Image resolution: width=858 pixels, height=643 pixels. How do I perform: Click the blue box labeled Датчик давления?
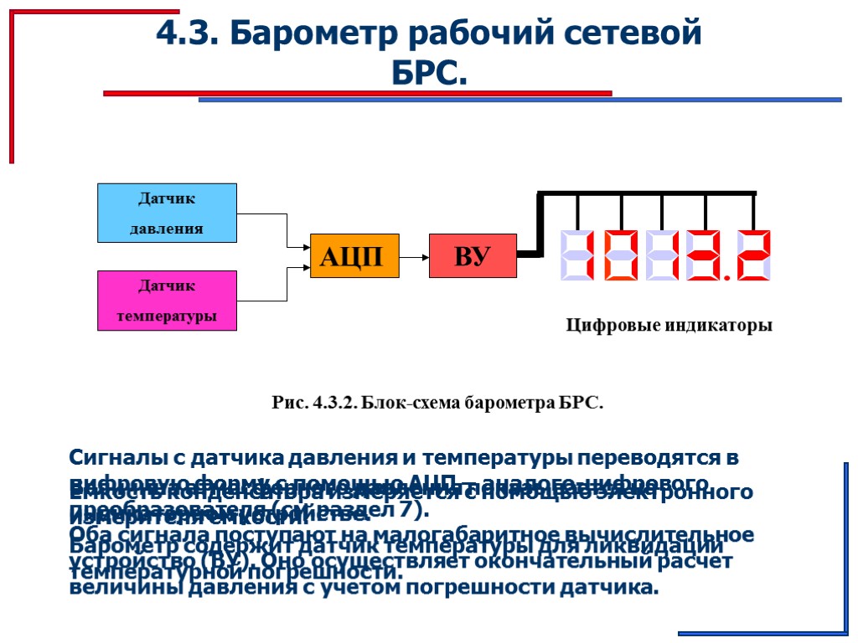tap(168, 213)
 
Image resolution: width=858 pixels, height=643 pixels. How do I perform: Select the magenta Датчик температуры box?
tap(168, 301)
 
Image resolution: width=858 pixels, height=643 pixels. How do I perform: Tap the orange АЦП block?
tap(354, 256)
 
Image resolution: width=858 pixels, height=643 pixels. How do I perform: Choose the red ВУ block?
tap(473, 256)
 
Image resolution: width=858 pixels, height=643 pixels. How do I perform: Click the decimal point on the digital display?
tap(726, 276)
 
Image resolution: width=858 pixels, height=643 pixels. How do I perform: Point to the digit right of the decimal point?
tap(752, 255)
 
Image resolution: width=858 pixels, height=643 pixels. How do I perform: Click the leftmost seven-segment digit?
tap(577, 255)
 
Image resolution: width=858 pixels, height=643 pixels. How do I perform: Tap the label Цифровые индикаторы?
tap(669, 326)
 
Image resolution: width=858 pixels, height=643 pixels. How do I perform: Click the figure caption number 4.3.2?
tap(334, 403)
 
